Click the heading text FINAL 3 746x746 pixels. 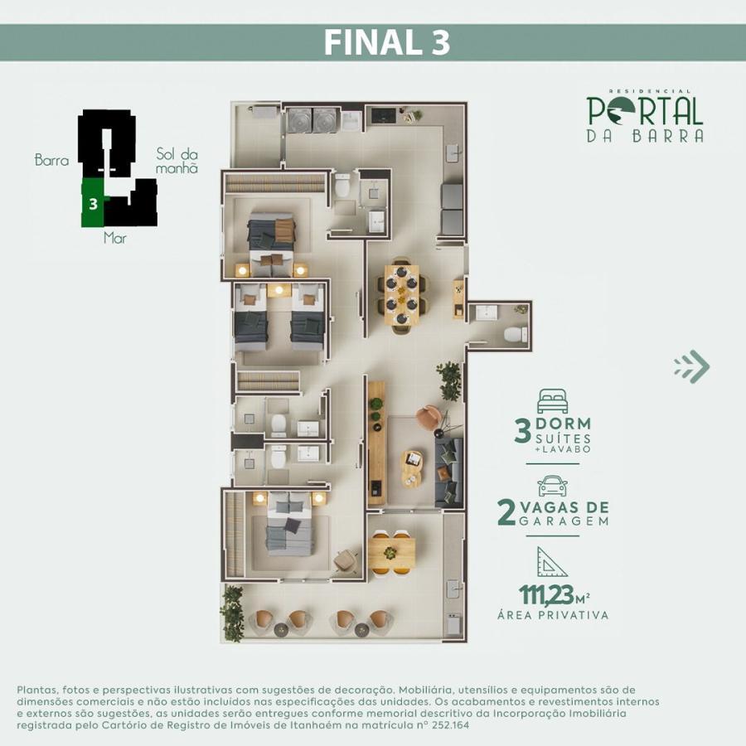click(x=386, y=42)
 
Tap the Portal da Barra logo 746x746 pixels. click(x=645, y=116)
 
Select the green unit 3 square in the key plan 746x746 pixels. click(x=93, y=202)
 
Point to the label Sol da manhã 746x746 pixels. click(x=177, y=161)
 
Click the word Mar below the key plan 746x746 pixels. click(x=115, y=238)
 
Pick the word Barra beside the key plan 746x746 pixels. click(x=51, y=160)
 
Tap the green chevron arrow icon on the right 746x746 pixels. click(x=692, y=366)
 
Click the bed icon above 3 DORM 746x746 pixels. click(x=552, y=401)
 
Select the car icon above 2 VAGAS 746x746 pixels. click(x=552, y=486)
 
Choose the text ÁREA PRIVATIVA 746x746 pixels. click(x=553, y=615)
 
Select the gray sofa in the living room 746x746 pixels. click(x=448, y=472)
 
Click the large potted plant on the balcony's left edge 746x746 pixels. click(x=231, y=611)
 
